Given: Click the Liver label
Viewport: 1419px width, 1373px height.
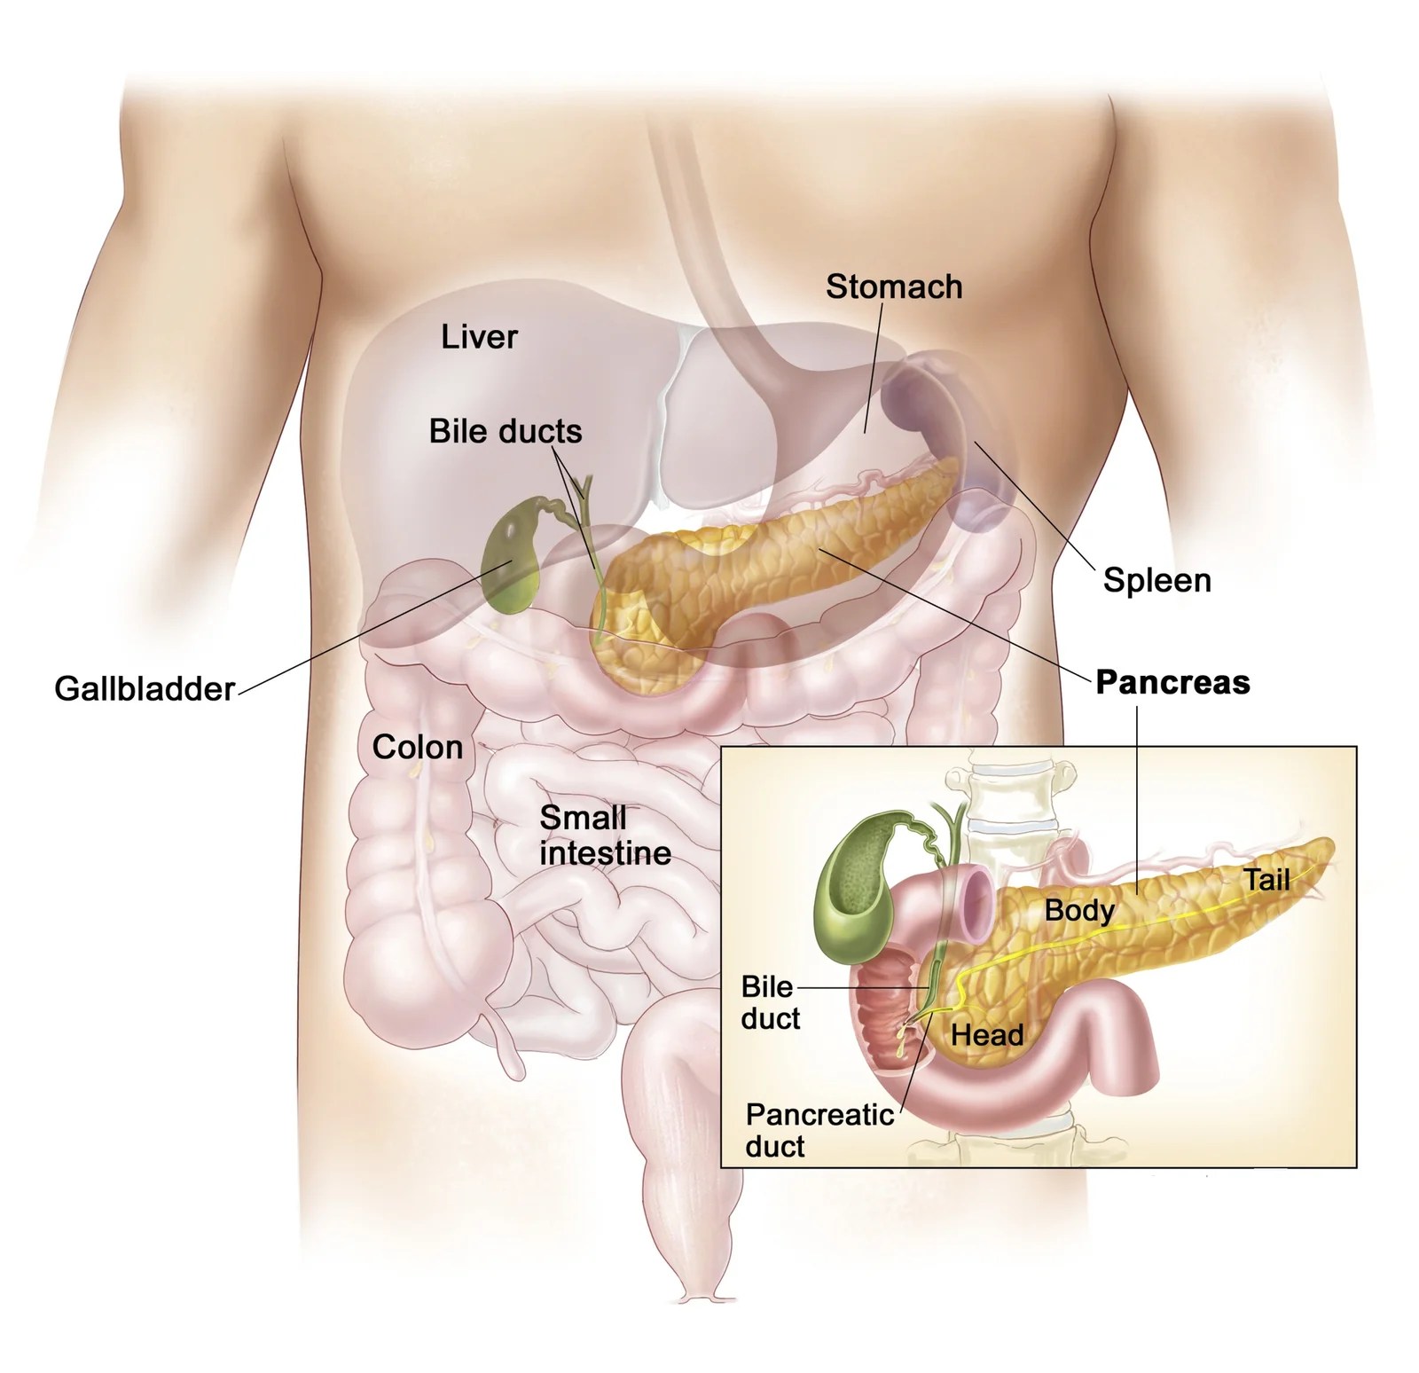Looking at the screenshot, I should [x=479, y=337].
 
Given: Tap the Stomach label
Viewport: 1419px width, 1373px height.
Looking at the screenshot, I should [x=893, y=286].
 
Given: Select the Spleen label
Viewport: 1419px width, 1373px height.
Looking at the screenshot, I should [x=1156, y=581].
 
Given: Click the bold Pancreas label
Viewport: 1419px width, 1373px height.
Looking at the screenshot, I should [x=1172, y=682].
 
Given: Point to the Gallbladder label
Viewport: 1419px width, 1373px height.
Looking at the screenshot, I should [x=145, y=689].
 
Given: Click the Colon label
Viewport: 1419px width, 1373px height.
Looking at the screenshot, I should [x=417, y=747].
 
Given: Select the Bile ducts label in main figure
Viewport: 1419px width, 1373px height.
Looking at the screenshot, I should [x=506, y=432].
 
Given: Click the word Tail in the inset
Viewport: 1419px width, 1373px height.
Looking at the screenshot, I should [x=1266, y=880].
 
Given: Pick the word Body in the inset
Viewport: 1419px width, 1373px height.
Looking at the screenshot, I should [x=1078, y=910].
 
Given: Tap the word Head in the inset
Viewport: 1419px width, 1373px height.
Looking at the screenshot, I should [x=986, y=1034].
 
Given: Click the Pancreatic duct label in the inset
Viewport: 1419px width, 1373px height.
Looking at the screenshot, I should [x=819, y=1130].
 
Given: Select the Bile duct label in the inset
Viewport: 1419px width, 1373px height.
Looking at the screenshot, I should [x=769, y=1002].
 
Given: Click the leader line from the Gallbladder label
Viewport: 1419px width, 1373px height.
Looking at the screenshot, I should [x=372, y=625].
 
